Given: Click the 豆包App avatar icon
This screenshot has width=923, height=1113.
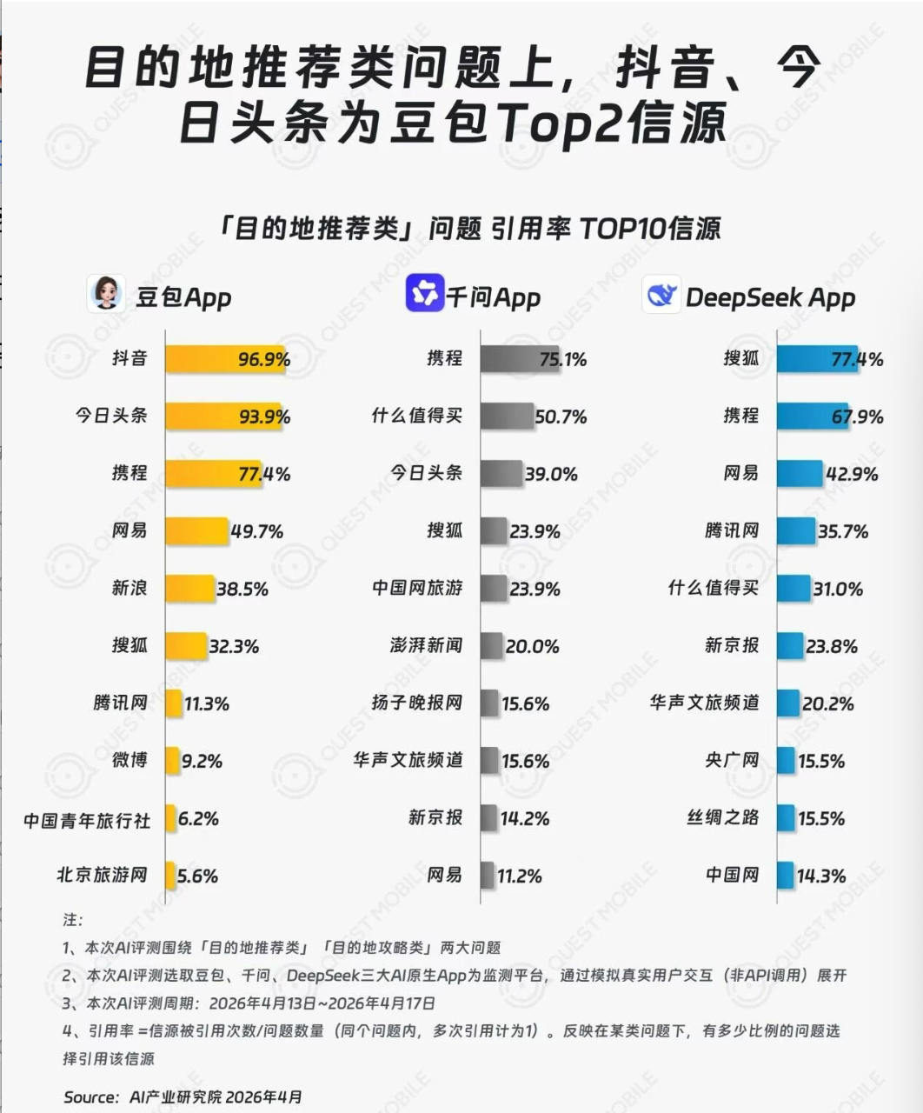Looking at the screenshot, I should [105, 294].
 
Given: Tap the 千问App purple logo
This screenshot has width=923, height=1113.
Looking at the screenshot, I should [425, 294].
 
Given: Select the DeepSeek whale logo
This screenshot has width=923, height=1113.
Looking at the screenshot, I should [661, 295].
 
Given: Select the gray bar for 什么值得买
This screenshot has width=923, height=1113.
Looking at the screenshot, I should [507, 417].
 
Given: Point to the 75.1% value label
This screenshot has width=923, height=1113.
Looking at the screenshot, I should [563, 359].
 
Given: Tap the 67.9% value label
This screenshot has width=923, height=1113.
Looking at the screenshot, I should [857, 417].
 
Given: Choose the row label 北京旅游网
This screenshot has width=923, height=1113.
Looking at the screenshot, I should [102, 875].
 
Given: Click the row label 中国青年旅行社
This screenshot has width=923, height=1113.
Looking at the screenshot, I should [87, 819].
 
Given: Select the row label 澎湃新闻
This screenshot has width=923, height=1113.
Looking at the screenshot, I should [426, 645].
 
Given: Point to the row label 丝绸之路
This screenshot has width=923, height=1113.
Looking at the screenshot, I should [722, 817].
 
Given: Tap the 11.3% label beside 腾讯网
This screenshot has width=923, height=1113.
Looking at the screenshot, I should [207, 703].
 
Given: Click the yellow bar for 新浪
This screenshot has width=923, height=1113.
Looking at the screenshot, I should [189, 589].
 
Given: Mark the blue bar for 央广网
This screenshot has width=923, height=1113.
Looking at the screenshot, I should [785, 761].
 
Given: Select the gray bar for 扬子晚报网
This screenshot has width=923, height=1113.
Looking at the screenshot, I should [489, 703].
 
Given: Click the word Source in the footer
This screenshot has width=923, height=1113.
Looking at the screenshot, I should [90, 1097].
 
